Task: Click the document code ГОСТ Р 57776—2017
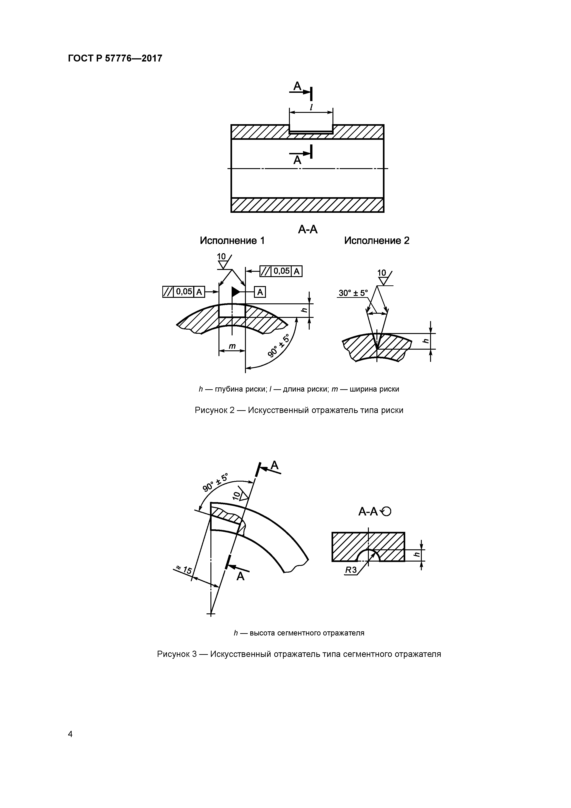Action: tap(115, 59)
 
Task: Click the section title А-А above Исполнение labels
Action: tap(308, 229)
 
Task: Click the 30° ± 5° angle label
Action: tap(353, 293)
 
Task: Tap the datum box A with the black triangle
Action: tap(260, 292)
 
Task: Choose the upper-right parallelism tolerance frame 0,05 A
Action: tap(281, 271)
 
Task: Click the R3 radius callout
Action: tap(350, 570)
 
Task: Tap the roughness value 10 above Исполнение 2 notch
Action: tap(382, 273)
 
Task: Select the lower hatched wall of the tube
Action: tap(307, 205)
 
